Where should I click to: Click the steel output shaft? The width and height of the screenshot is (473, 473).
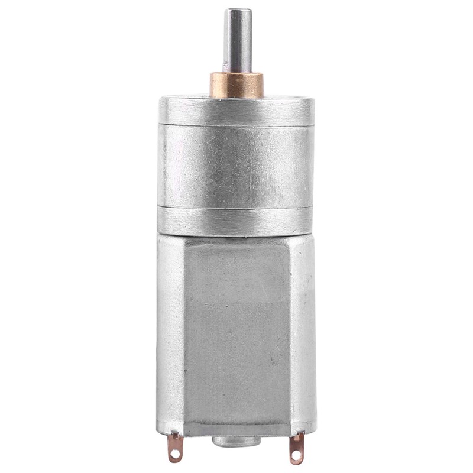[237, 41]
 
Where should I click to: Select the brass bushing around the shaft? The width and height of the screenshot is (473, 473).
[237, 85]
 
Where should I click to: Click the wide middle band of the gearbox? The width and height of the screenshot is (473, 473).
[237, 166]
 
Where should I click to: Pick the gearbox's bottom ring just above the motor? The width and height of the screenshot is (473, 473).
[237, 220]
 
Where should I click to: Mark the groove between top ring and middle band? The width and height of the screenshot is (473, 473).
[237, 125]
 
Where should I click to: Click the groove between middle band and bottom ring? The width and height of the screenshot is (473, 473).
[237, 206]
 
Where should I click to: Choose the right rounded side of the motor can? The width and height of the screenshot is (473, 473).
[303, 331]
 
